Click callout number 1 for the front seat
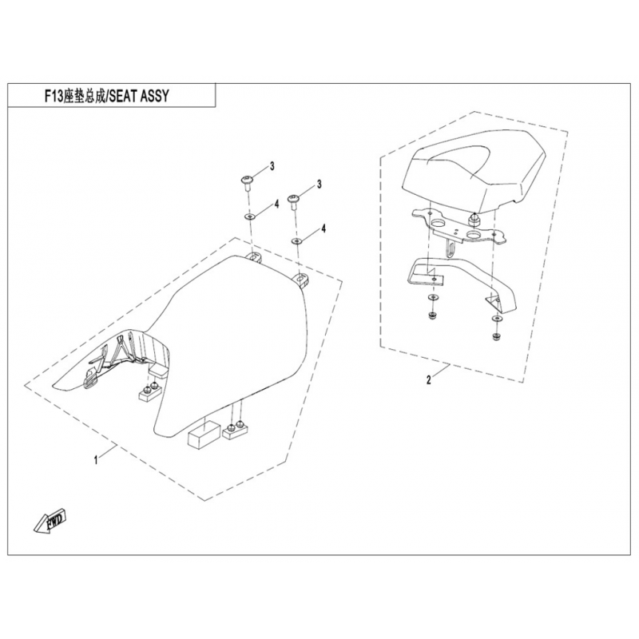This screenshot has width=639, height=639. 97,461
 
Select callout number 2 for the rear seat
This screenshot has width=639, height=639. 429,380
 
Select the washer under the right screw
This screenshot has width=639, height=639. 296,240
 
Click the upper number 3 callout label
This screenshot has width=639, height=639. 272,166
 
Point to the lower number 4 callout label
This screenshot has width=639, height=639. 324,229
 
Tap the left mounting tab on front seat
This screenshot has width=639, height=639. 255,257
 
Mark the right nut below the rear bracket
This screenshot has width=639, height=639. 496,335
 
